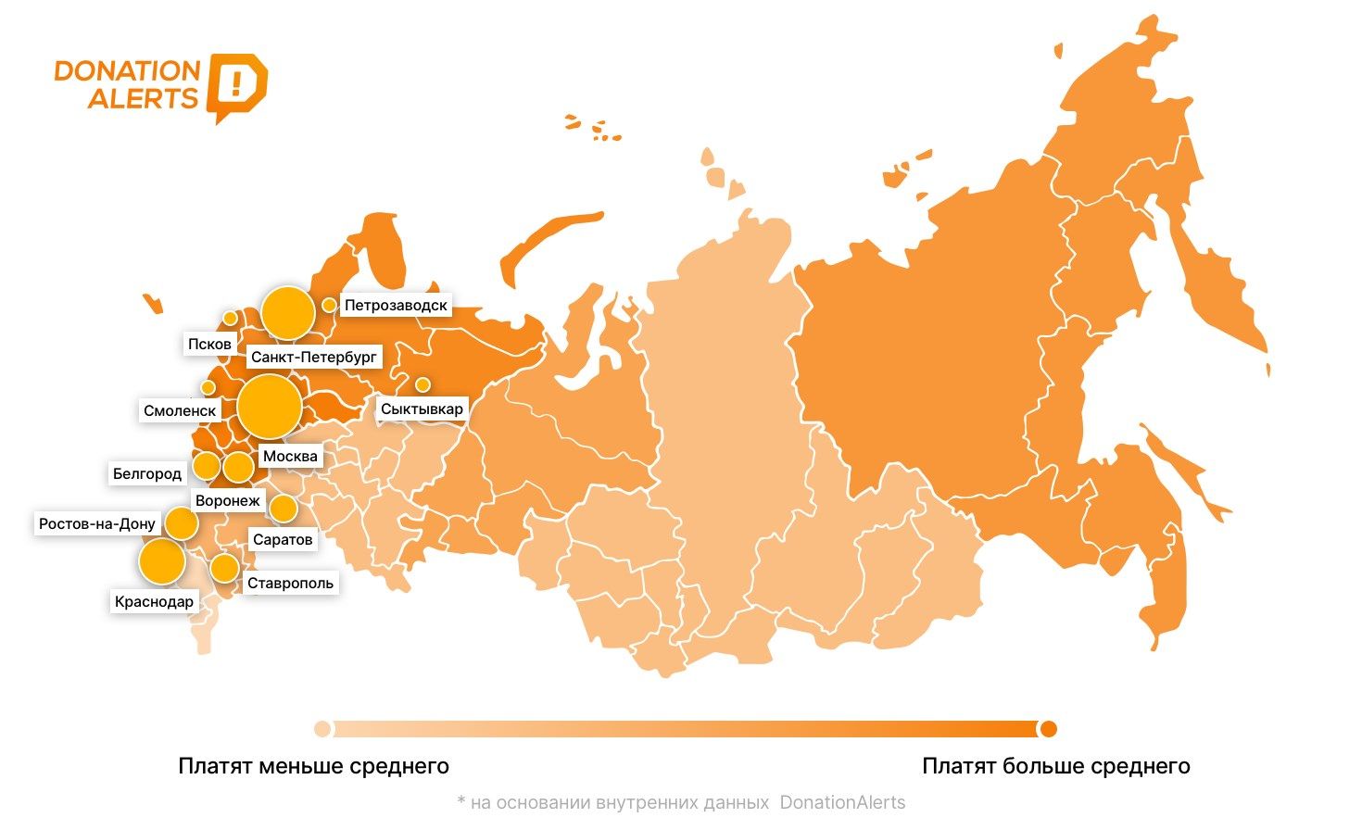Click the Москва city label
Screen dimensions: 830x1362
click(x=290, y=456)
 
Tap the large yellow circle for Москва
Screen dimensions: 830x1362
click(x=270, y=406)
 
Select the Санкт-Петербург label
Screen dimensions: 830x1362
click(x=314, y=357)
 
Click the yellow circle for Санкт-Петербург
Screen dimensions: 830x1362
click(x=287, y=313)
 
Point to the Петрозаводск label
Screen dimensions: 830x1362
click(x=396, y=305)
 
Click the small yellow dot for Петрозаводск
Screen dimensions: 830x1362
click(x=329, y=305)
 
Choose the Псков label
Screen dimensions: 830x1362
click(x=209, y=344)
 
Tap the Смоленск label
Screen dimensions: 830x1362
click(x=180, y=410)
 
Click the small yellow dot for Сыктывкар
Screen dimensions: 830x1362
click(x=422, y=384)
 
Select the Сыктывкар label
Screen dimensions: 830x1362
click(x=422, y=409)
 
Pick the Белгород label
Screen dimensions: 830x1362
click(x=147, y=473)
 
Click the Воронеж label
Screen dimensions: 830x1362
click(x=228, y=500)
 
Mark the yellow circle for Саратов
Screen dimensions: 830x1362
click(x=283, y=508)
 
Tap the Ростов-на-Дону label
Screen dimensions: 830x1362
click(x=97, y=523)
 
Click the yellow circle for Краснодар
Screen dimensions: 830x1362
click(x=161, y=561)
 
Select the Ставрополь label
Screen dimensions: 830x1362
click(x=290, y=583)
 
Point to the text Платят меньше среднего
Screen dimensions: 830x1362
click(x=313, y=766)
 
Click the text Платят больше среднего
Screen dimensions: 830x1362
click(x=1055, y=766)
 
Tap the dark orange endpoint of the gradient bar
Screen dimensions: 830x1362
click(x=1048, y=729)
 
